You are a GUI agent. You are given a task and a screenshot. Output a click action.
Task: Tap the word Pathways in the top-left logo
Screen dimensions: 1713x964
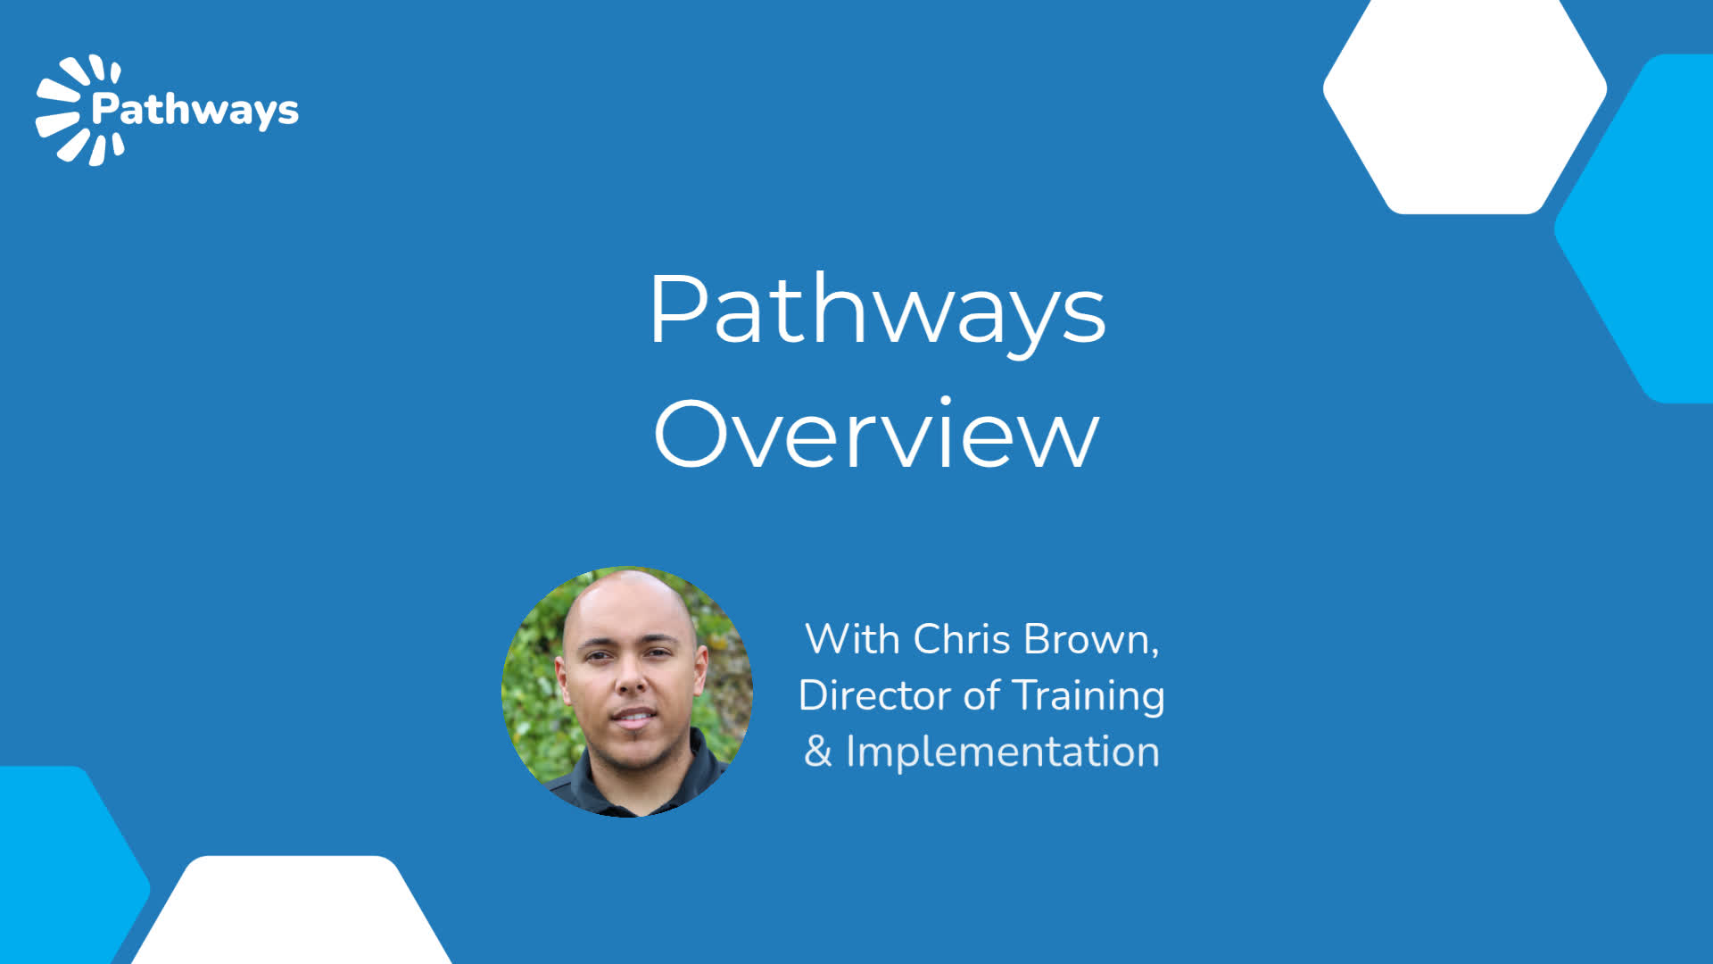pos(195,111)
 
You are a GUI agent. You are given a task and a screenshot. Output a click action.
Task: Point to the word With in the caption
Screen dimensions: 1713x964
pos(852,639)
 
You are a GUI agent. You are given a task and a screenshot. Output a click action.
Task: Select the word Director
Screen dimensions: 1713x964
pos(874,695)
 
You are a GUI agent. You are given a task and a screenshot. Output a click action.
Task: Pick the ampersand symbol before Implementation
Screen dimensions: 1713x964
pos(817,752)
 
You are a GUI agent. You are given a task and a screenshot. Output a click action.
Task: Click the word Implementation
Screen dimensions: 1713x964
pos(1003,752)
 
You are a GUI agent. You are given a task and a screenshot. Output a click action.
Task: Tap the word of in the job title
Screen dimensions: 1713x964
pos(981,694)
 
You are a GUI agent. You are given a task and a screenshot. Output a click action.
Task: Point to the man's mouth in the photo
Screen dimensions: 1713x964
pos(633,716)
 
